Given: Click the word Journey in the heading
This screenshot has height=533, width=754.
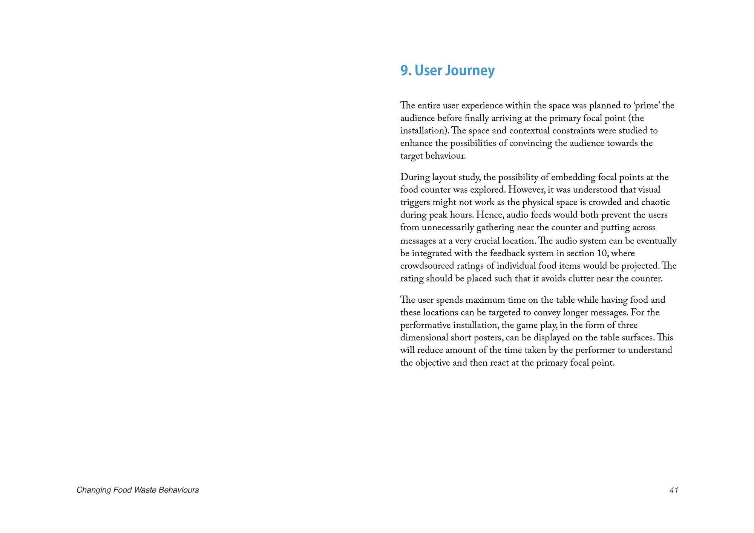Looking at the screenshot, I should [474, 71].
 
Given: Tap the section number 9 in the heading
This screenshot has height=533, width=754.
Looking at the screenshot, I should [404, 71].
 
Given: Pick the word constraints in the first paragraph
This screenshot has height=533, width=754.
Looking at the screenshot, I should [573, 131].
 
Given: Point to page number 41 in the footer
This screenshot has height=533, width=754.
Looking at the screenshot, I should [674, 490].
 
